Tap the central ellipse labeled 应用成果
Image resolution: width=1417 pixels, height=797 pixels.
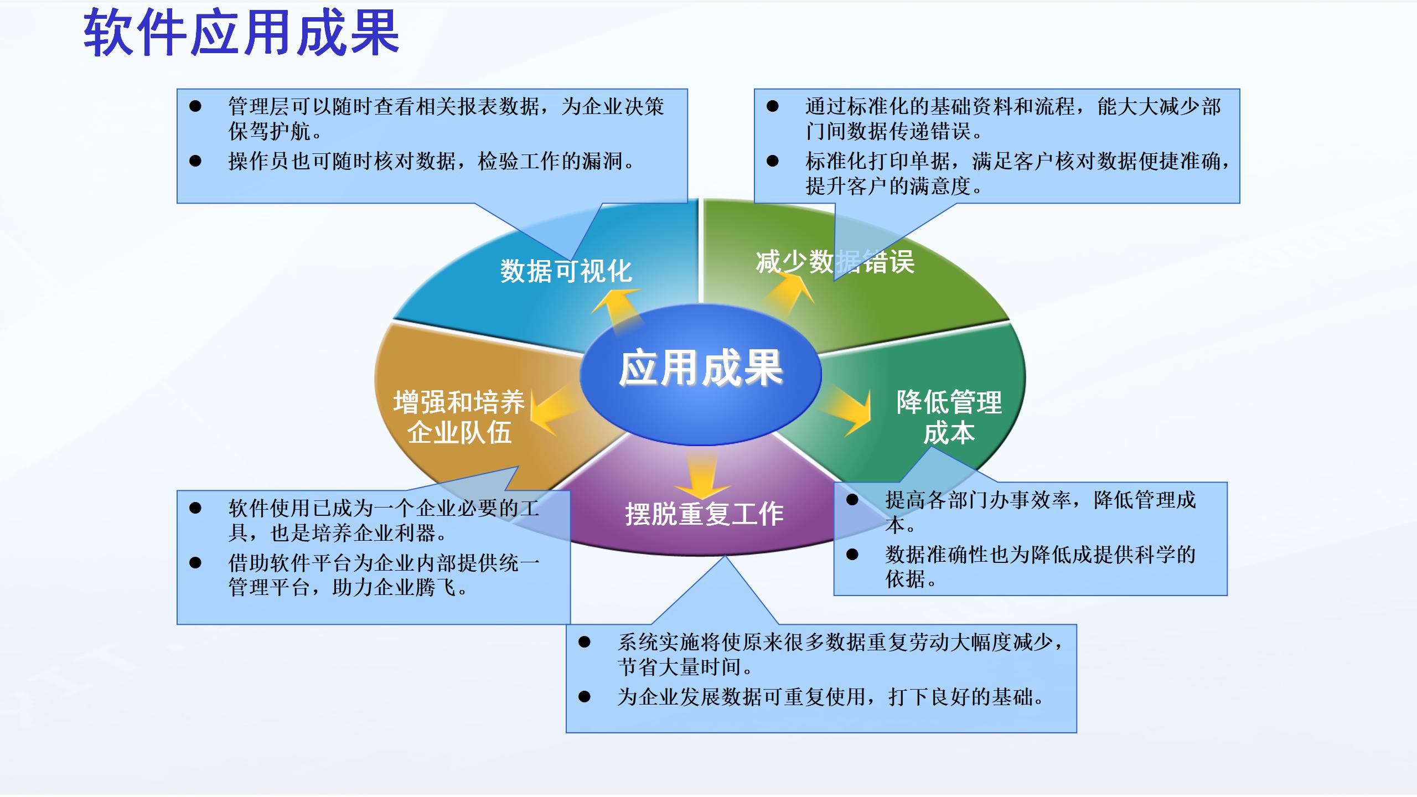701,375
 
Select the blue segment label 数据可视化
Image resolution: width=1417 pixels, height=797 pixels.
566,271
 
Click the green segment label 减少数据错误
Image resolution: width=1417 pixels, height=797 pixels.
835,262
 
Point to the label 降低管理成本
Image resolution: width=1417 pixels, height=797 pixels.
949,417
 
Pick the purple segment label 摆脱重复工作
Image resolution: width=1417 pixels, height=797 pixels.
704,514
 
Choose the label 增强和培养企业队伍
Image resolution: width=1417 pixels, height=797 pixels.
459,417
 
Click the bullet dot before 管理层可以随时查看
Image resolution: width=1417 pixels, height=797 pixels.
195,106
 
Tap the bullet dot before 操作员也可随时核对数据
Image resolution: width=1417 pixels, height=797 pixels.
195,161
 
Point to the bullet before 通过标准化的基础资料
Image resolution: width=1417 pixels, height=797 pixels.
773,106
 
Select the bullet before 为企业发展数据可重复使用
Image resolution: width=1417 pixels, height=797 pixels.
585,697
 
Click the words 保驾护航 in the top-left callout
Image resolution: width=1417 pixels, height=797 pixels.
270,132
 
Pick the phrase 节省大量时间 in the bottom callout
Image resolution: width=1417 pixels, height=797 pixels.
679,667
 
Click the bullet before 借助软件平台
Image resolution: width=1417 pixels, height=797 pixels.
195,563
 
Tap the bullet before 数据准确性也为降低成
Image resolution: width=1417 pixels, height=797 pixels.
852,554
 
